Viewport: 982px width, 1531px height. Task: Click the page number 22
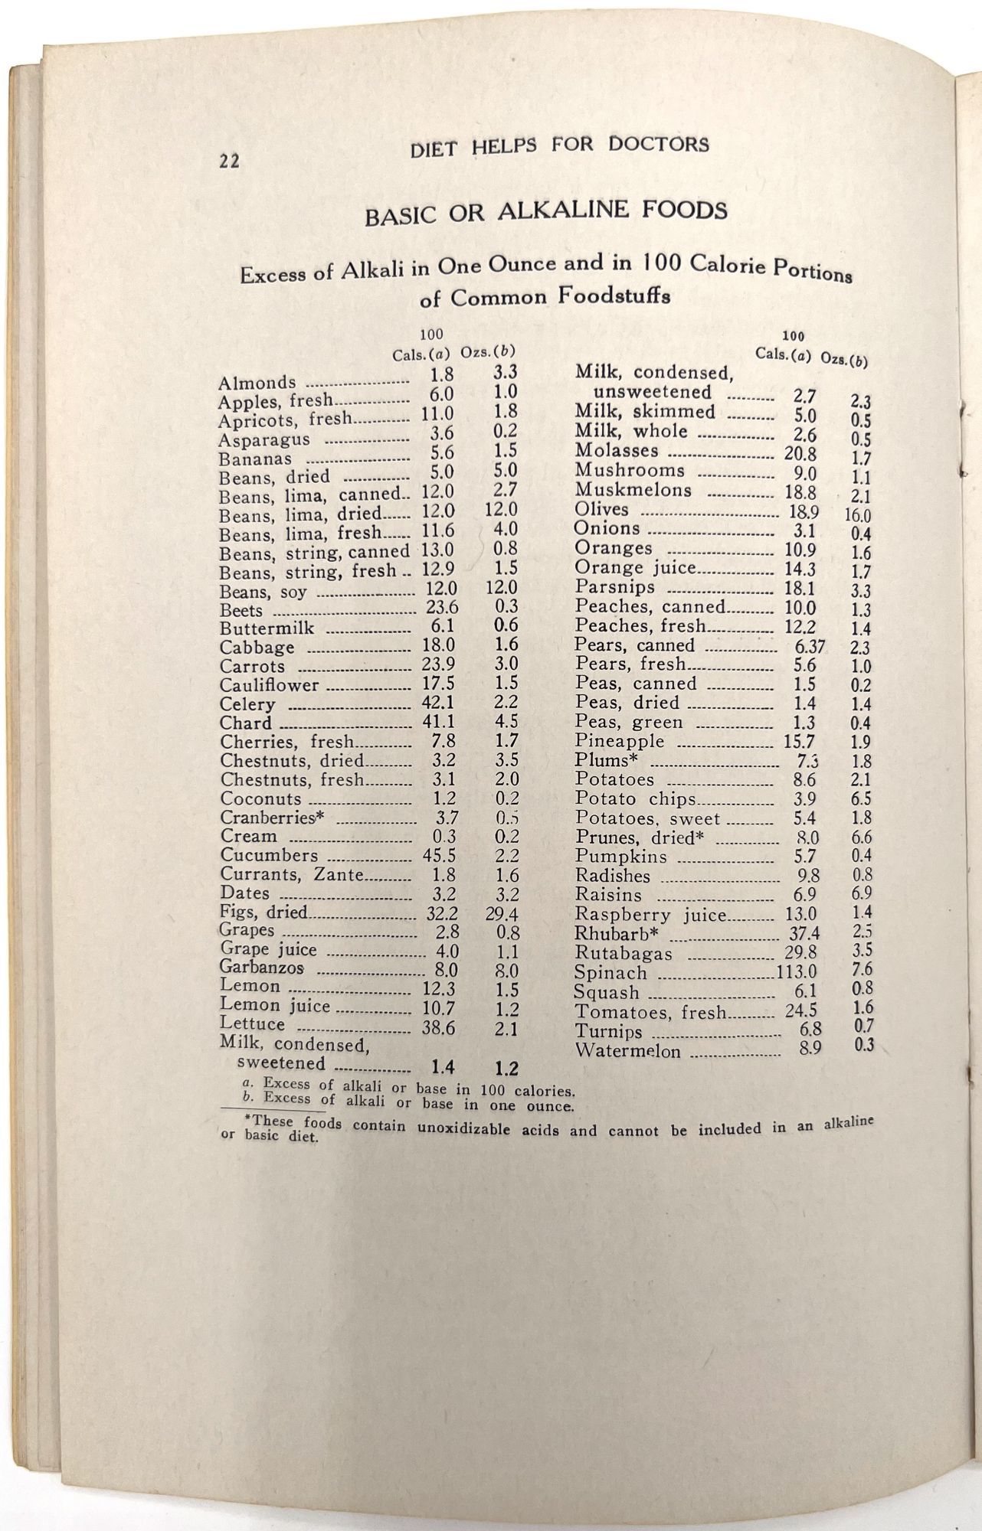(x=226, y=161)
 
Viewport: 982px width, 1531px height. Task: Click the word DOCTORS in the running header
(x=659, y=144)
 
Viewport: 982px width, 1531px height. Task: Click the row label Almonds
(x=257, y=383)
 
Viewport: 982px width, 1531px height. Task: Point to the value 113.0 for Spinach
(x=797, y=973)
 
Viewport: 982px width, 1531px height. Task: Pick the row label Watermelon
(x=628, y=1051)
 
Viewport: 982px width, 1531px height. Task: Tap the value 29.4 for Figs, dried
(x=502, y=913)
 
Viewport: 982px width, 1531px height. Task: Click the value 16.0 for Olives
(x=856, y=516)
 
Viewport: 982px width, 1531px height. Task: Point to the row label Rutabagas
(x=624, y=954)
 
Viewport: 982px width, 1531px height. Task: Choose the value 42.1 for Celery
(x=438, y=703)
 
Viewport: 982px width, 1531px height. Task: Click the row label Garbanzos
(x=262, y=968)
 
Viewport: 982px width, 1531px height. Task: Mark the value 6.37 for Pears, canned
(x=809, y=647)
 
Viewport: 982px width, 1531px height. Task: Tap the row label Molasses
(x=617, y=451)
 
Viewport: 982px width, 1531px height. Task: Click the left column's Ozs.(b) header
(x=487, y=353)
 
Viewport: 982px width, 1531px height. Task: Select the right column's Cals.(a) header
(x=783, y=354)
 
